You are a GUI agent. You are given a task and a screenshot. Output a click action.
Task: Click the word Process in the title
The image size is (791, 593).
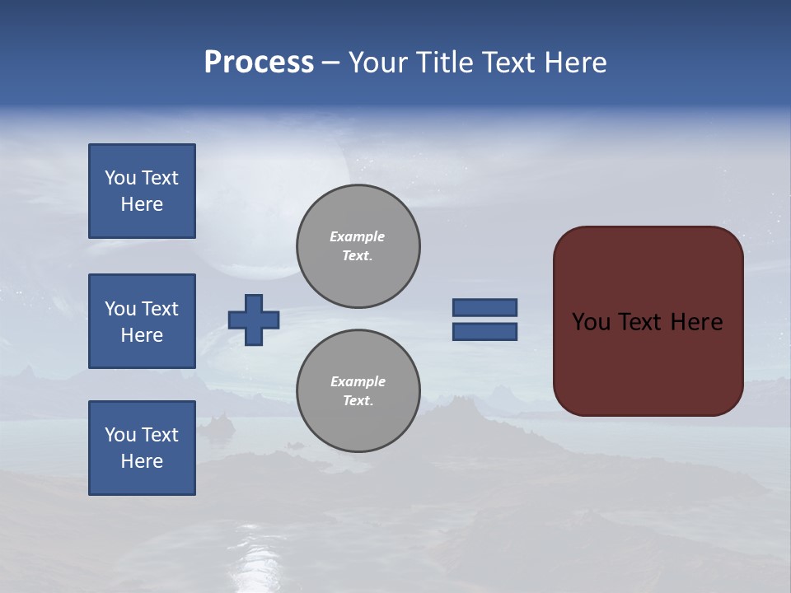click(259, 63)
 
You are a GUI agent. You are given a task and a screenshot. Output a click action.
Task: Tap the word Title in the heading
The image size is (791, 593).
click(445, 63)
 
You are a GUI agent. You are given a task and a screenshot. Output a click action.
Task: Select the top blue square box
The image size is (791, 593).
click(142, 191)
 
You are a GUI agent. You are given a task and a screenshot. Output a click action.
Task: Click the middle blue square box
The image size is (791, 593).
click(142, 321)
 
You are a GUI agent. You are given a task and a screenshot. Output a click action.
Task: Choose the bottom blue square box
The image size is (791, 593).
click(142, 448)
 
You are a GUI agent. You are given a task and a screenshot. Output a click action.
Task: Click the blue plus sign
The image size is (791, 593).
click(254, 320)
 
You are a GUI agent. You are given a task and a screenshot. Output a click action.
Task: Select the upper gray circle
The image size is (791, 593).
click(358, 246)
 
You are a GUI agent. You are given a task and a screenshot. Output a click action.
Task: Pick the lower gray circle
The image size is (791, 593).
click(358, 390)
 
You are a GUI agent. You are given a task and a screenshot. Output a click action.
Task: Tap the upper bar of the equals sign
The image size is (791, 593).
click(485, 308)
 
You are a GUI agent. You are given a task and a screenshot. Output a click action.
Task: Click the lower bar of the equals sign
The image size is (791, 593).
click(485, 331)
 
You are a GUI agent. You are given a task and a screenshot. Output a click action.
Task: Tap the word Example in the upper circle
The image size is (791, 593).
click(358, 236)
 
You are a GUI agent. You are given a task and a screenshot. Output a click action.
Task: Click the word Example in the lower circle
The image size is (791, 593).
click(358, 381)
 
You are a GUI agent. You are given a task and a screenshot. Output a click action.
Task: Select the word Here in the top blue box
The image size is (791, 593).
click(142, 204)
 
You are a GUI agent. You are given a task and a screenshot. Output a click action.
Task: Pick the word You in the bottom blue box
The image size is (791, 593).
click(120, 435)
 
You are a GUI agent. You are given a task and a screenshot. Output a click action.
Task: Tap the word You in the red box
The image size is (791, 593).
click(591, 322)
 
